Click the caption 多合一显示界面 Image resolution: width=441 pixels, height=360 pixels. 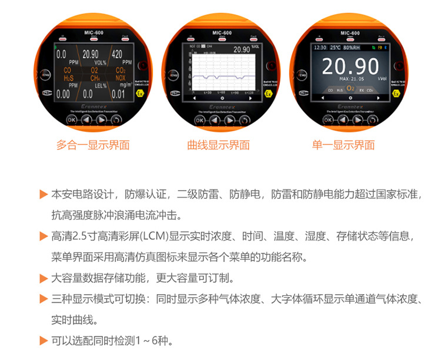[x=93, y=145]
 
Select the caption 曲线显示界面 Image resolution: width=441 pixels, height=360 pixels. [x=218, y=145]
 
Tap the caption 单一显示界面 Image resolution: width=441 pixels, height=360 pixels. [x=343, y=145]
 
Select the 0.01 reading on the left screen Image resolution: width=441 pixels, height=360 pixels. [x=119, y=94]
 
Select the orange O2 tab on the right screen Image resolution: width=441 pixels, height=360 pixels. [x=350, y=89]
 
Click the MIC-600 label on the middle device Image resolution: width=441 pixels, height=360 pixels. [x=220, y=34]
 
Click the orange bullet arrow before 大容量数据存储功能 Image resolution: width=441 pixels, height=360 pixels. [x=43, y=278]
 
